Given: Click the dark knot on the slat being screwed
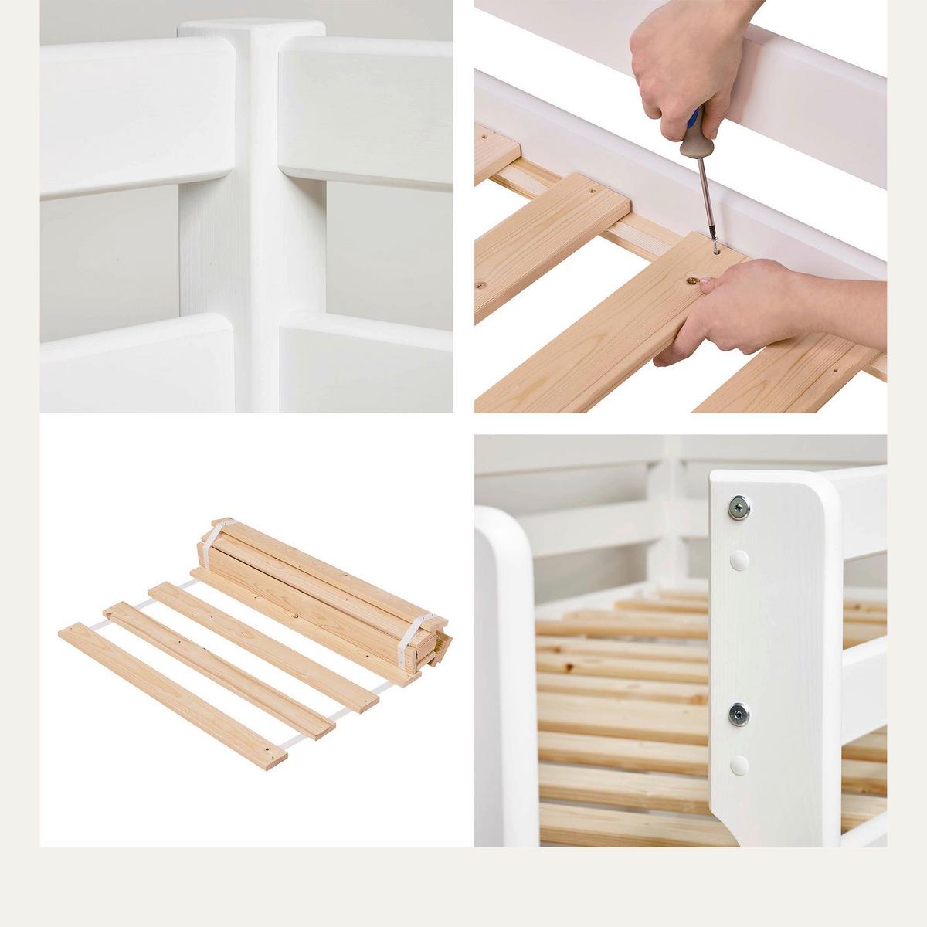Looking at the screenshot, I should click(693, 282).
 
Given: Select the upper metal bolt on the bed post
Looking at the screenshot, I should click(739, 508).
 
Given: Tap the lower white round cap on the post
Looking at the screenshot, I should click(740, 766).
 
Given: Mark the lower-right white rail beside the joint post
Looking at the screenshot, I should click(363, 363).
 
